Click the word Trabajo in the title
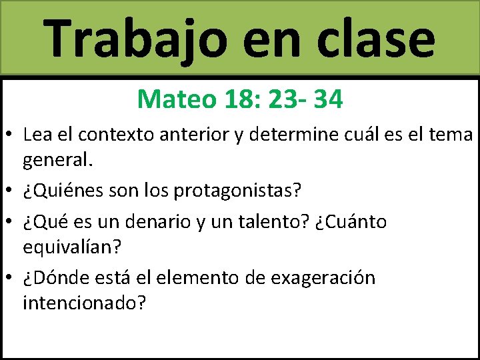pos(134,38)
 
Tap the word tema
pos(451,135)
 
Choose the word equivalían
pos(72,247)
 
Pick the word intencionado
pos(84,303)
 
